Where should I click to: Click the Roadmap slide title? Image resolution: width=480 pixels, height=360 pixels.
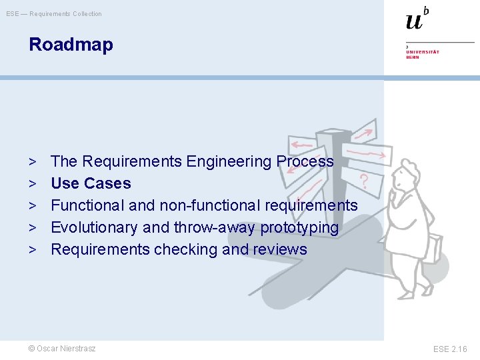tap(71, 45)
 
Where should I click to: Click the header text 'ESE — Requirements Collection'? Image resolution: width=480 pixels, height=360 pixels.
tap(54, 14)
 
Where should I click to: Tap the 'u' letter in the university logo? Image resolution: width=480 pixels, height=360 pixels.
tap(414, 21)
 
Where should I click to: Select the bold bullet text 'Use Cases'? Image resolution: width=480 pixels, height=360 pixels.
tap(91, 183)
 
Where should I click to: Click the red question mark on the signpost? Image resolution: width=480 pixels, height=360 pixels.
tap(364, 181)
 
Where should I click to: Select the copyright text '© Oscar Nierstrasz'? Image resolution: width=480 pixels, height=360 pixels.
tap(61, 349)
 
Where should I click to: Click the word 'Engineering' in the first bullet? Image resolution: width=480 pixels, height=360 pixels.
tap(229, 161)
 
